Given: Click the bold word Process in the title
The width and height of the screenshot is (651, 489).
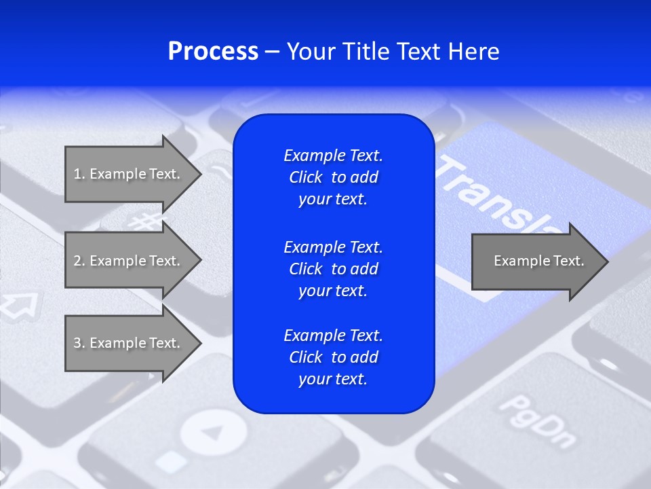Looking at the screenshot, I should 213,52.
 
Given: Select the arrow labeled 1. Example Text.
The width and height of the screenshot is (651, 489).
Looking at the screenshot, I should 127,174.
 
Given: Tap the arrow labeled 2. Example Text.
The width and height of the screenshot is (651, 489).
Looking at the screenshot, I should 127,261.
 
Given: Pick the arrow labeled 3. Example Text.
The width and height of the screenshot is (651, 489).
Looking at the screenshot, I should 127,343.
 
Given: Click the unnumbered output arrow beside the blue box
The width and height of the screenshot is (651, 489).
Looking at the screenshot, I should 536,261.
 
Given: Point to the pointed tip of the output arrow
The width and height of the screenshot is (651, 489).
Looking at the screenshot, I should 605,261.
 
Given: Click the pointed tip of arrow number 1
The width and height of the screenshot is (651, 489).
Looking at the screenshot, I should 199,174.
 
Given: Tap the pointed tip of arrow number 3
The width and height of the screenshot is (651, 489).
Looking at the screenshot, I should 199,343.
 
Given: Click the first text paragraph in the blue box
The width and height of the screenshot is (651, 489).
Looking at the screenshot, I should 333,177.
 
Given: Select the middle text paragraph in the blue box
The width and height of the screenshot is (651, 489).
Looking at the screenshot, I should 333,269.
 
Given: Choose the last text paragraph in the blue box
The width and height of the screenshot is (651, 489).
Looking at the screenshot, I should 333,357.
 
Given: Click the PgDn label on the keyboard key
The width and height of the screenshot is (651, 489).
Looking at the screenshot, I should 536,421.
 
